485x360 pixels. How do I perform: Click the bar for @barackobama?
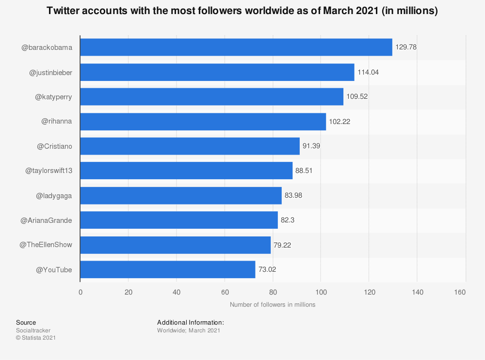tap(236, 47)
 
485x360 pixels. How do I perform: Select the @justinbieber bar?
tap(217, 72)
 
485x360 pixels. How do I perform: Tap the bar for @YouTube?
tap(167, 269)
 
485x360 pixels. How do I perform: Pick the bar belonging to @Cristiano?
tap(190, 146)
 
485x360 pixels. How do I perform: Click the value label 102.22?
tap(339, 121)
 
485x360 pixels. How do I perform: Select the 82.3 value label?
tap(288, 220)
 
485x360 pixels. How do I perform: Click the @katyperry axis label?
tap(53, 97)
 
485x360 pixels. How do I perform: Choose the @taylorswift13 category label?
tap(48, 171)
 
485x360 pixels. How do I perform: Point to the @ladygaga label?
tap(54, 195)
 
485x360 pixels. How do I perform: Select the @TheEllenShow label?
tap(46, 245)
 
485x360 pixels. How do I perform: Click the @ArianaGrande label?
tap(46, 220)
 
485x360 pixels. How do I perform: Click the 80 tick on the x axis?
tap(273, 292)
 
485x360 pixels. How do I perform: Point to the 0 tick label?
tap(81, 292)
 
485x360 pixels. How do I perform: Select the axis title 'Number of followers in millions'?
tap(273, 305)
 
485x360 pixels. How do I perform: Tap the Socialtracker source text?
tap(33, 330)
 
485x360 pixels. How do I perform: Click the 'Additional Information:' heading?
tap(190, 322)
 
